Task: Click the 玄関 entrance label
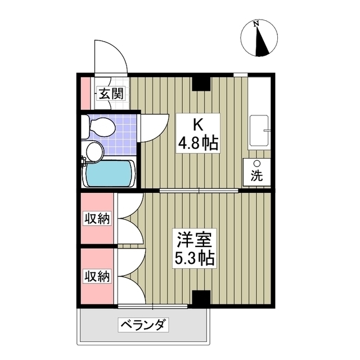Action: [111, 93]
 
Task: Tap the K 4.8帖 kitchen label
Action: [198, 133]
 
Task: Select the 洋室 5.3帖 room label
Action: [195, 249]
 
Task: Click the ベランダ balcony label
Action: [143, 325]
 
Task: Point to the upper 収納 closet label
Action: [97, 218]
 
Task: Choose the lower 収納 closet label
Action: [97, 276]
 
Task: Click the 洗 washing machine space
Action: [257, 172]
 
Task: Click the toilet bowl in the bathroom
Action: [102, 127]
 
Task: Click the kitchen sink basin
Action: [259, 130]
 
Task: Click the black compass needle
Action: [262, 41]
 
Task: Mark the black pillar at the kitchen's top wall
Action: [201, 84]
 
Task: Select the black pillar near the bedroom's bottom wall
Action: [201, 297]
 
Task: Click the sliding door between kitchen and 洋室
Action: [199, 190]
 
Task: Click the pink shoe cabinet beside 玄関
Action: [85, 93]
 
